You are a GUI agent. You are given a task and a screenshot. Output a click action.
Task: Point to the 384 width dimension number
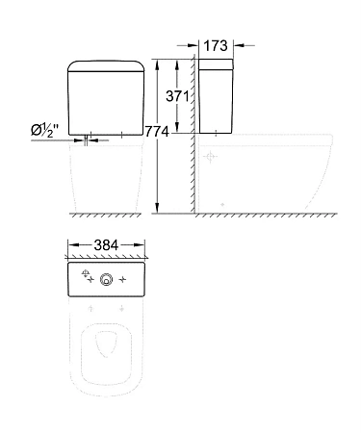coord(109,244)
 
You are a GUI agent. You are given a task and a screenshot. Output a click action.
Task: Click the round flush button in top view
coord(107,282)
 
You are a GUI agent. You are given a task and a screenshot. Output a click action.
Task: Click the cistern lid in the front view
coord(107,67)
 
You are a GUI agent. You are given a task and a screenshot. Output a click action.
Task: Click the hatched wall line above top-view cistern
coord(107,258)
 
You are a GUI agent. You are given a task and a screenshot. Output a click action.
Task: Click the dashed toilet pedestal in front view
coord(107,183)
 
